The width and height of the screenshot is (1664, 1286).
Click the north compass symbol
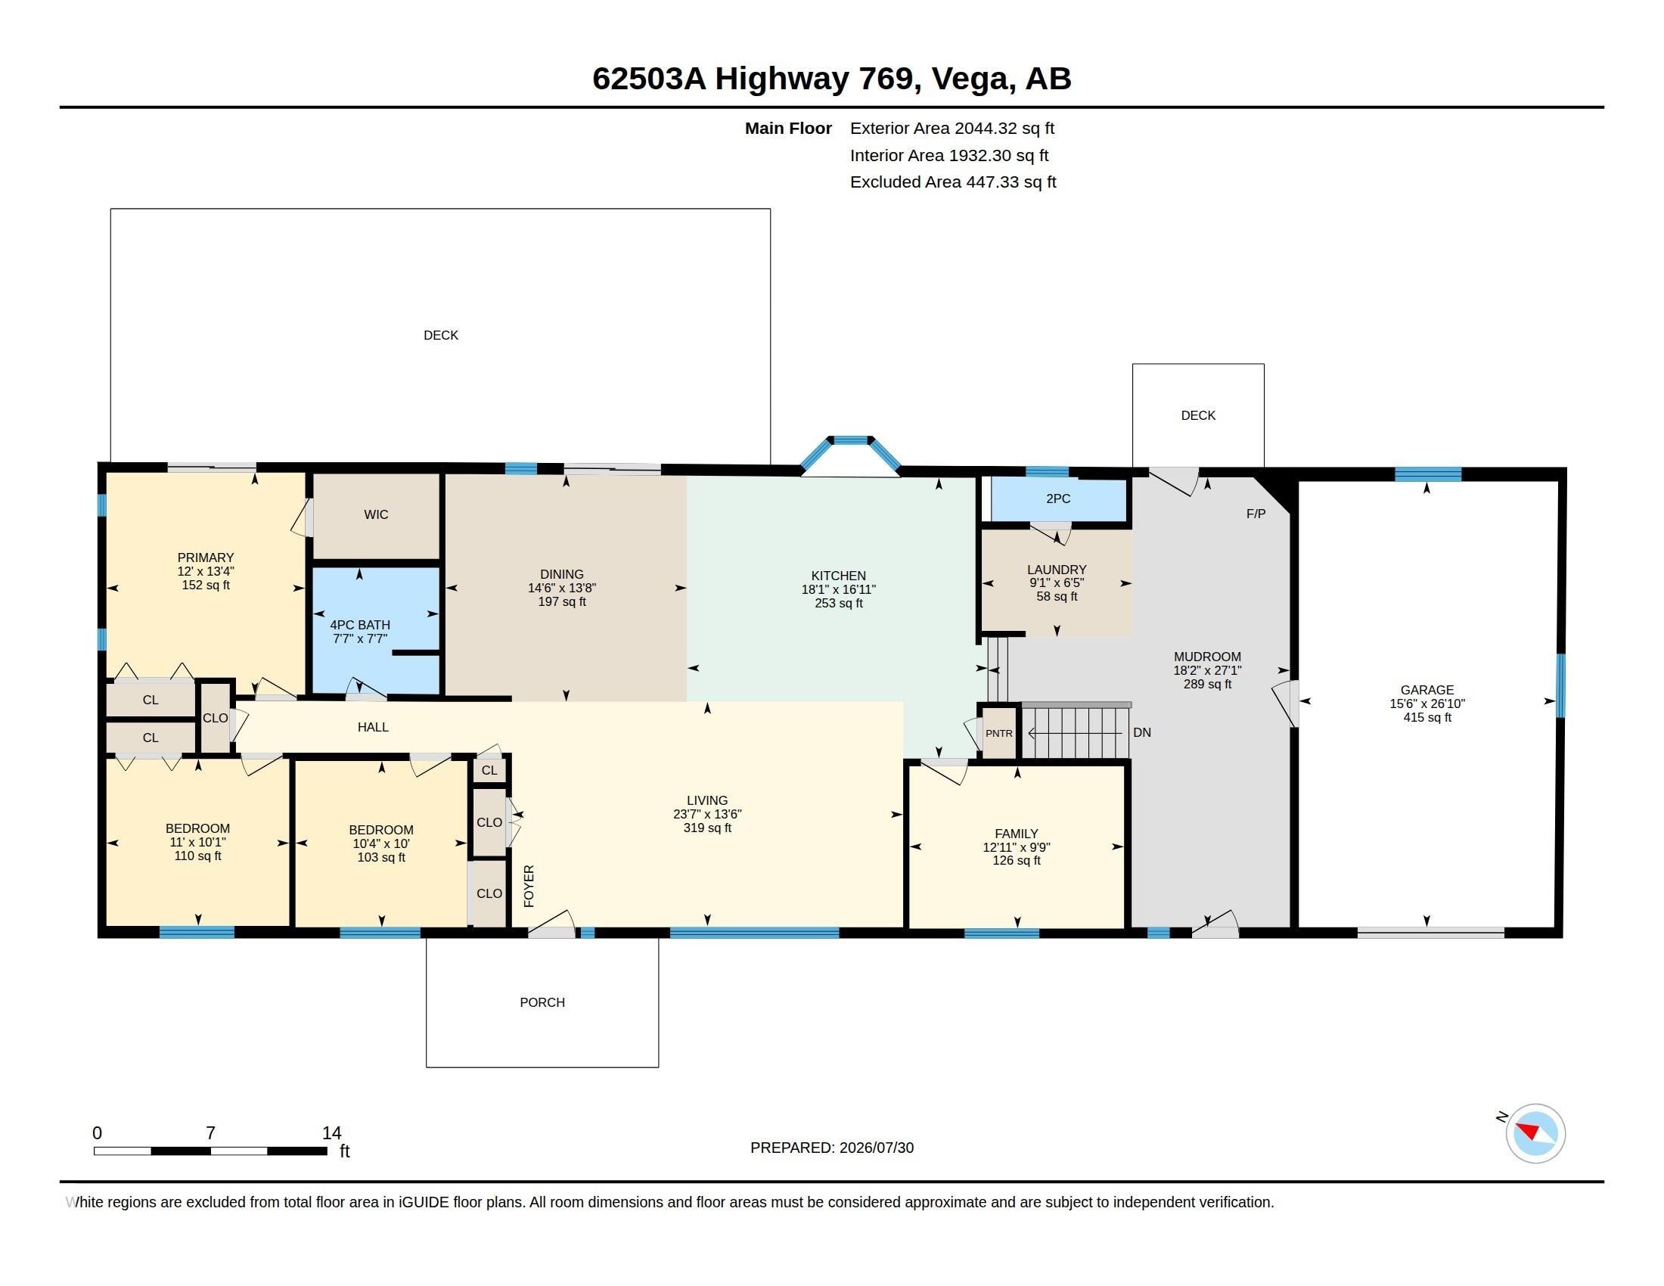[x=1535, y=1133]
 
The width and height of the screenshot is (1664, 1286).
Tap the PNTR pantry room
[x=999, y=733]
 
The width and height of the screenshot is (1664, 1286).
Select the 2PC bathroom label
[x=1058, y=499]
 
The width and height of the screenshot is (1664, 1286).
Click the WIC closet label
[x=377, y=514]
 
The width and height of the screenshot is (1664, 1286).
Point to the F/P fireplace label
[x=1256, y=514]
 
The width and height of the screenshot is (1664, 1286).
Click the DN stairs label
[x=1142, y=732]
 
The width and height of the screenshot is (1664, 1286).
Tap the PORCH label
[x=542, y=1002]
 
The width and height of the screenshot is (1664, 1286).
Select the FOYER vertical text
[x=529, y=886]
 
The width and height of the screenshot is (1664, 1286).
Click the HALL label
[x=374, y=727]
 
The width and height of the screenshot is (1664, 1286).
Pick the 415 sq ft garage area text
[x=1427, y=717]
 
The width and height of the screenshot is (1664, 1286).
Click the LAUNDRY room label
[x=1057, y=569]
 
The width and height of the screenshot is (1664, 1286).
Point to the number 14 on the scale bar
[x=331, y=1132]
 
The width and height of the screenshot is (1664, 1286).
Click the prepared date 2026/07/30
[x=876, y=1148]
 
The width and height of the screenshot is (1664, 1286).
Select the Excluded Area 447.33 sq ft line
[x=953, y=182]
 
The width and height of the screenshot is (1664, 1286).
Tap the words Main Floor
[x=788, y=128]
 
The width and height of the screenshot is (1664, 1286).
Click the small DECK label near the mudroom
[x=1199, y=415]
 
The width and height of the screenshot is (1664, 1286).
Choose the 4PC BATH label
[x=359, y=625]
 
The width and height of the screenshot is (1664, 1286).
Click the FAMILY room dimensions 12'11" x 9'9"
[x=1017, y=847]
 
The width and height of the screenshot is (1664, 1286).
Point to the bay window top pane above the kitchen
[x=850, y=440]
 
